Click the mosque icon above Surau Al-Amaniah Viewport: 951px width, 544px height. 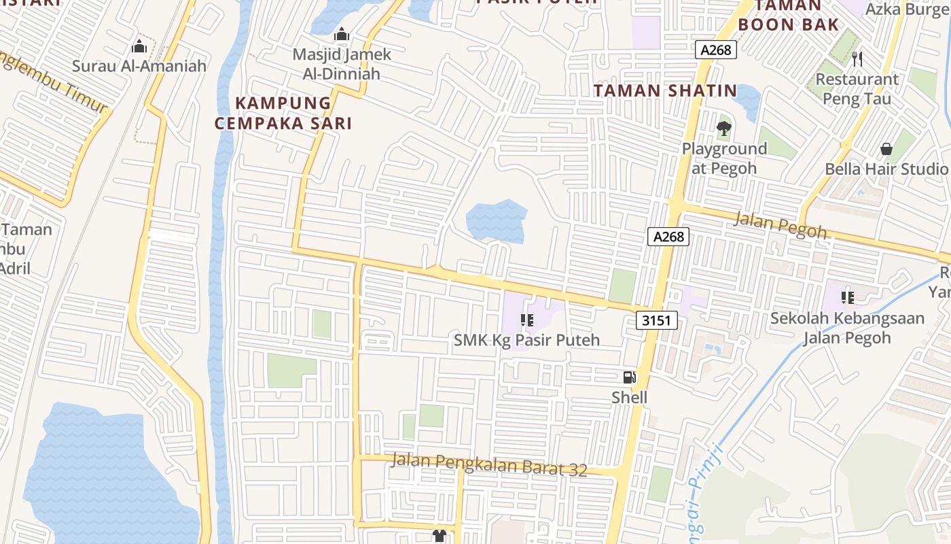(139, 46)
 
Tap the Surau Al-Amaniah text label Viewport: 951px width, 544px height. (139, 67)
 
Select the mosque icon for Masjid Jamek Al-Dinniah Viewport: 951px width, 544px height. (342, 33)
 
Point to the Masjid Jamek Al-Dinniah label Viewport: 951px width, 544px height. (342, 64)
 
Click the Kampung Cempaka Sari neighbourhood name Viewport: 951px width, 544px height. (283, 113)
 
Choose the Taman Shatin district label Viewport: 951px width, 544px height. (665, 90)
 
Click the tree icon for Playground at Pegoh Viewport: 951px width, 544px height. (724, 128)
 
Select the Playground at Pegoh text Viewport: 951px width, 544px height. (724, 158)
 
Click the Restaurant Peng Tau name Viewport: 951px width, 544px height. (857, 88)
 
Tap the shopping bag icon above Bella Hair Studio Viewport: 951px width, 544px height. (886, 148)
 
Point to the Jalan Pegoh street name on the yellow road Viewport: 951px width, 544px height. (781, 225)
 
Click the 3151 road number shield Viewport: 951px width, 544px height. (658, 320)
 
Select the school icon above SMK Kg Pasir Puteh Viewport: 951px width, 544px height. (526, 320)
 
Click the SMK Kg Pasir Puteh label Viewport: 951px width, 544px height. (526, 339)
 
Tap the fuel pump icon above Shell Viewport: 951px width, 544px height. (630, 377)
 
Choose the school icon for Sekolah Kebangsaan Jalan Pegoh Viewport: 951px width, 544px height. (848, 297)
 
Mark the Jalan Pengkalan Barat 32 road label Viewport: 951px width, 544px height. (489, 464)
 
